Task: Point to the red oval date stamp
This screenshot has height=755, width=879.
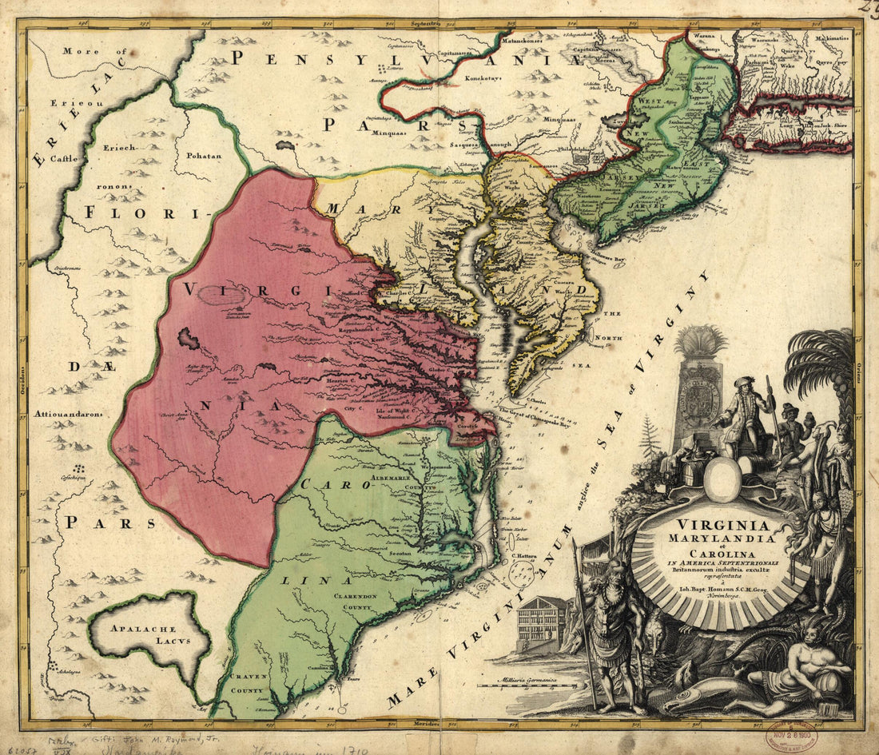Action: click(791, 734)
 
